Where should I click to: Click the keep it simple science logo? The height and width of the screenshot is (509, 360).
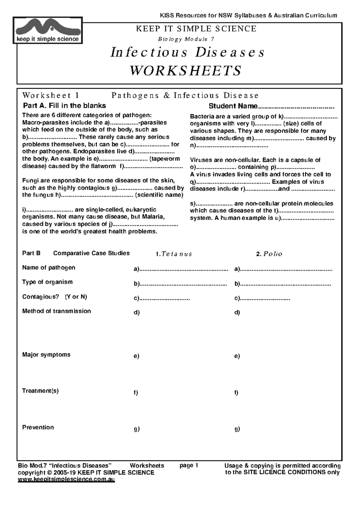pyautogui.click(x=48, y=30)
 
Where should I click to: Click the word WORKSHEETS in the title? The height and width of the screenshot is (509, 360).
pyautogui.click(x=185, y=71)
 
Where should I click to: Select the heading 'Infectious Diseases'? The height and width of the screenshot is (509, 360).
pyautogui.click(x=187, y=52)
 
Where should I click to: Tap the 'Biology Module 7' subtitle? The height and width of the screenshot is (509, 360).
pyautogui.click(x=186, y=39)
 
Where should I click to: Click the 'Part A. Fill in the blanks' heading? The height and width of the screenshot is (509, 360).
pyautogui.click(x=64, y=106)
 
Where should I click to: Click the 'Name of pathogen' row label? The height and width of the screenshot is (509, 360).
pyautogui.click(x=49, y=267)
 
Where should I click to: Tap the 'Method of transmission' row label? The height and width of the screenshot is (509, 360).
pyautogui.click(x=56, y=311)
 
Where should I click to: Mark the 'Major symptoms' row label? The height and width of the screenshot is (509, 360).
pyautogui.click(x=46, y=354)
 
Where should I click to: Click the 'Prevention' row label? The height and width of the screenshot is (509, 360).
pyautogui.click(x=38, y=427)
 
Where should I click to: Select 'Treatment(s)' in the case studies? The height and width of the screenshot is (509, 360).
pyautogui.click(x=40, y=391)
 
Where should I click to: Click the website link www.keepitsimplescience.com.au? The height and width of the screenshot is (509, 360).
pyautogui.click(x=66, y=479)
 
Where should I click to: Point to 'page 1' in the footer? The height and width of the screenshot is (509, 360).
pyautogui.click(x=189, y=465)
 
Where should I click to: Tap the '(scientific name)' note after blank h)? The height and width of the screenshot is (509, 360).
pyautogui.click(x=159, y=195)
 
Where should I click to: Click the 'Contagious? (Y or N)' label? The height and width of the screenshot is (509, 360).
pyautogui.click(x=54, y=296)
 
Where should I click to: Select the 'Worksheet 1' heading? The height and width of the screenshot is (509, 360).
pyautogui.click(x=50, y=95)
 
